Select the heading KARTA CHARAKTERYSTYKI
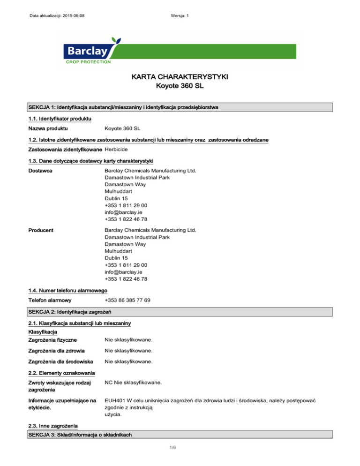pyautogui.click(x=180, y=76)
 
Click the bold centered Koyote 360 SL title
pyautogui.click(x=180, y=86)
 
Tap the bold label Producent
pyautogui.click(x=41, y=230)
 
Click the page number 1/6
pyautogui.click(x=180, y=460)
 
